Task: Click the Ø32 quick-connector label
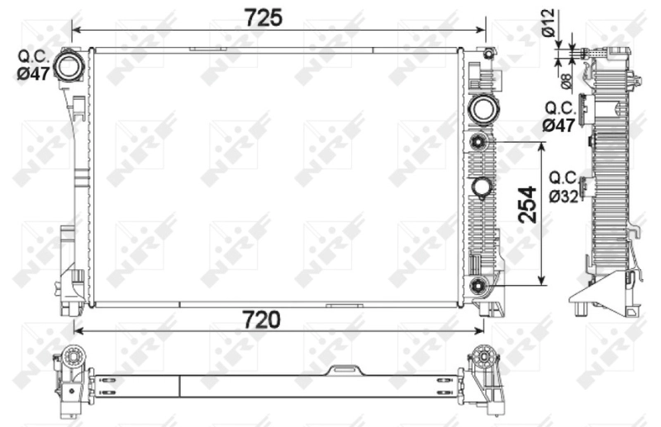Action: click(x=563, y=186)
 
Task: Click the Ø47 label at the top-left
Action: click(x=34, y=64)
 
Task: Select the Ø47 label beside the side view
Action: click(x=559, y=116)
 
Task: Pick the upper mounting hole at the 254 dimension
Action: click(x=479, y=143)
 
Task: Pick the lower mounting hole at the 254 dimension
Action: click(x=479, y=286)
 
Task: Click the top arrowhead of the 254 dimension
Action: click(x=542, y=147)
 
